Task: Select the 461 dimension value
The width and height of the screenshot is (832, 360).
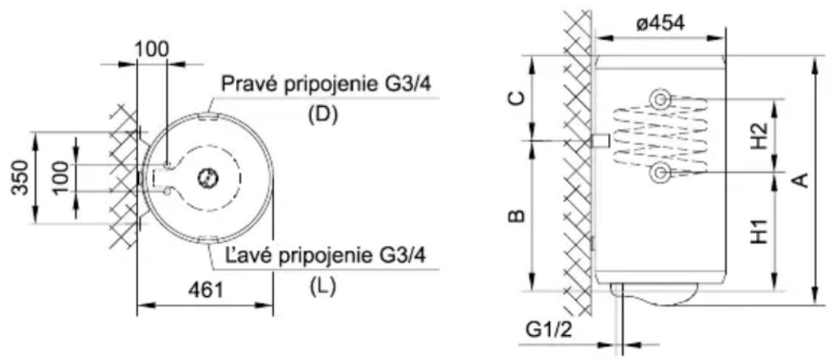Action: [x=205, y=290]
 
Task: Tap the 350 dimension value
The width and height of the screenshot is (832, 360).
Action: [x=20, y=177]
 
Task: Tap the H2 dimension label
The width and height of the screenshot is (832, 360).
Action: [x=761, y=137]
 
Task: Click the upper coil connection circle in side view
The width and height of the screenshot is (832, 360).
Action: [x=660, y=99]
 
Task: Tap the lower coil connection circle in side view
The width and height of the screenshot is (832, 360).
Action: [x=660, y=172]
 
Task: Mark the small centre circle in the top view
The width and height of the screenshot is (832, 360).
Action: [x=206, y=178]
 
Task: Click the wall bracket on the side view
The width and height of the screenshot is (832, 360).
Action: [x=600, y=141]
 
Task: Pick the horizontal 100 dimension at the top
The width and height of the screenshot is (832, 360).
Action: [x=152, y=49]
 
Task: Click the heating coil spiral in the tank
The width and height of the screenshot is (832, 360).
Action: [x=661, y=135]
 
